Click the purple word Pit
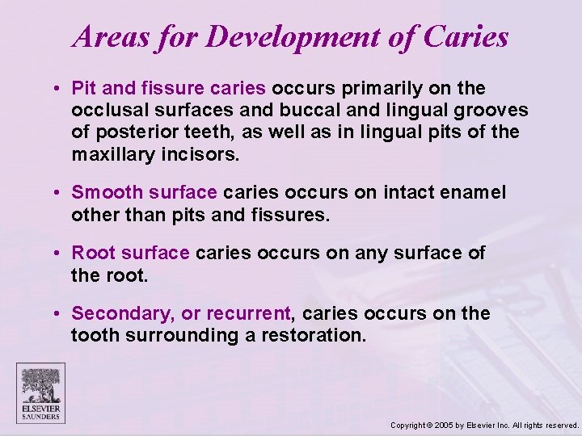tap(83, 88)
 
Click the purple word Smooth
tap(103, 193)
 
